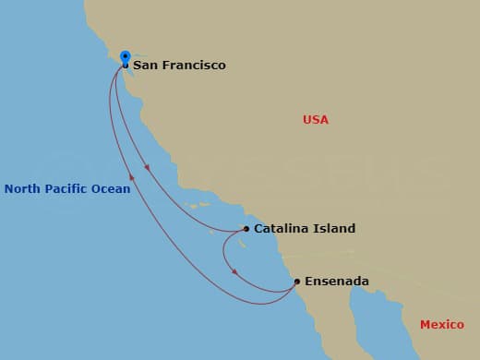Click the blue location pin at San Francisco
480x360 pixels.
(x=125, y=57)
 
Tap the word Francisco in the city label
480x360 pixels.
(x=192, y=66)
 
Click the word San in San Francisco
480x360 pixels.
(x=144, y=66)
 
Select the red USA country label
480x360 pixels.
(x=315, y=120)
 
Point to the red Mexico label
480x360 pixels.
(x=441, y=325)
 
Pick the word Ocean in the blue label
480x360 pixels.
(x=111, y=189)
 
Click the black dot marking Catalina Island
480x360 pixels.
(x=246, y=229)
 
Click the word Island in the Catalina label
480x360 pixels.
(x=334, y=229)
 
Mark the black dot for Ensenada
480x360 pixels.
(x=296, y=282)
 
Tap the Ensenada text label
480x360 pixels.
(x=338, y=282)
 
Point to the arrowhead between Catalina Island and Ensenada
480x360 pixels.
(x=234, y=272)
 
